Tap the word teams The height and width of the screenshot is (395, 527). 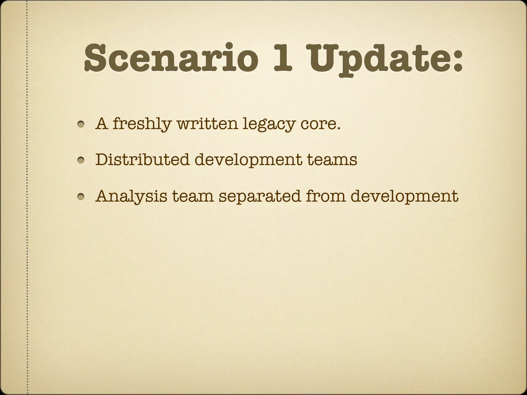coord(332,160)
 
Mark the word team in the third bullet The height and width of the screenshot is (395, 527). coord(193,196)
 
